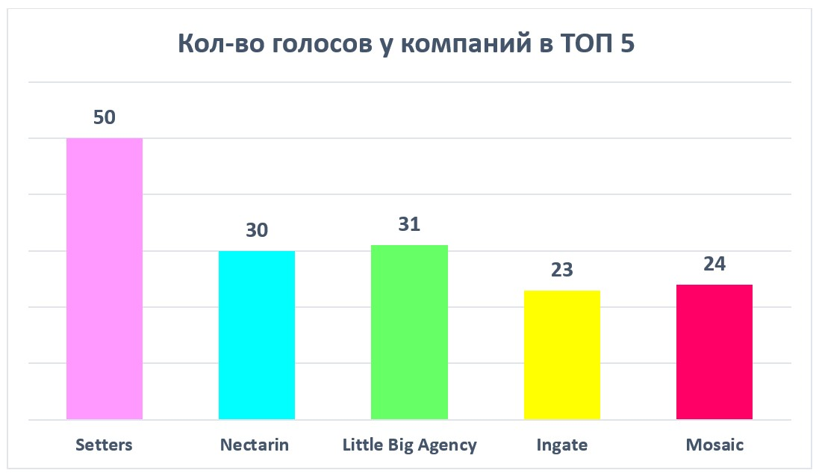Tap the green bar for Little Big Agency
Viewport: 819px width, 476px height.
pyautogui.click(x=409, y=332)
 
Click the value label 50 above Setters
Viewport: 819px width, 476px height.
pyautogui.click(x=105, y=118)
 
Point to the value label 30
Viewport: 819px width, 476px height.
pyautogui.click(x=257, y=231)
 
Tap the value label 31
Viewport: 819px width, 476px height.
pyautogui.click(x=409, y=225)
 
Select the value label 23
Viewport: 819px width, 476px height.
pyautogui.click(x=561, y=270)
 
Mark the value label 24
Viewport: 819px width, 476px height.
pyautogui.click(x=714, y=265)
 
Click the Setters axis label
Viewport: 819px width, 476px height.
pyautogui.click(x=104, y=445)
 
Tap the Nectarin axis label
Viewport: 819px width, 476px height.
pyautogui.click(x=255, y=445)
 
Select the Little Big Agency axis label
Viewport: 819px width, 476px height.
pyautogui.click(x=409, y=445)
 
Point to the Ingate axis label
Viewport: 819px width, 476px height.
pyautogui.click(x=561, y=445)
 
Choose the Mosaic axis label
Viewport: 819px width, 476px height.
pyautogui.click(x=714, y=445)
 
